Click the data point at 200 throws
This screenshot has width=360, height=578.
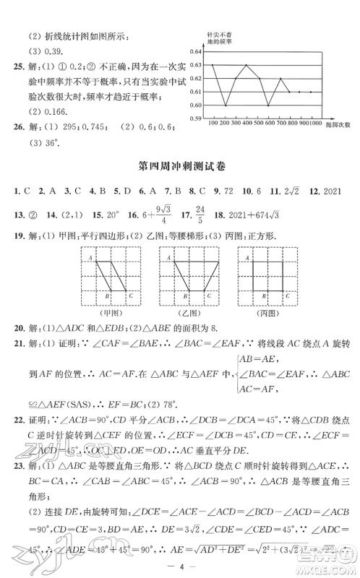226,105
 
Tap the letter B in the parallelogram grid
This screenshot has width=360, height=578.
106,295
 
